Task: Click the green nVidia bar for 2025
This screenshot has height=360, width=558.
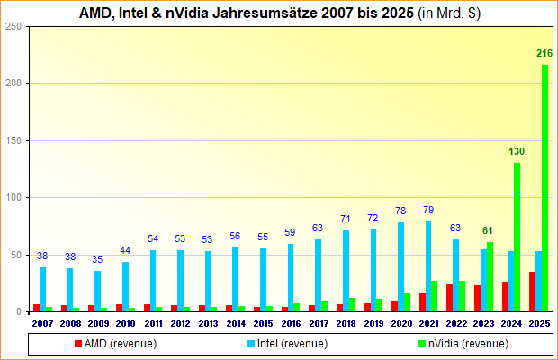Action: (544, 189)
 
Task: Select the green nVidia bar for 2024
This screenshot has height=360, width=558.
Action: (517, 238)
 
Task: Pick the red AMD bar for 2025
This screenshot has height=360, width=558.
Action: (532, 292)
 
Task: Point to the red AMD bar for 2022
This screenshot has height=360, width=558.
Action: (449, 298)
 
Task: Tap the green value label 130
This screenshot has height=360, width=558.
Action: (516, 152)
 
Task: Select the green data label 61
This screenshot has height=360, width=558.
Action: (488, 231)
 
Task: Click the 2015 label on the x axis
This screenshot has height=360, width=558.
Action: (264, 323)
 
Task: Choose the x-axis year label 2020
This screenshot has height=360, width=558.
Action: (401, 323)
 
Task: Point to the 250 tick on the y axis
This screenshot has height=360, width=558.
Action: (13, 26)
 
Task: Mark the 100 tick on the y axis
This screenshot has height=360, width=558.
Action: (13, 198)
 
